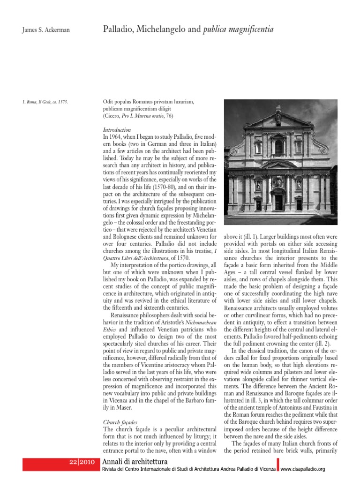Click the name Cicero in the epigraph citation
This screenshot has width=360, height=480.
coord(112,115)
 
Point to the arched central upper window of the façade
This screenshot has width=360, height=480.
coord(278,147)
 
